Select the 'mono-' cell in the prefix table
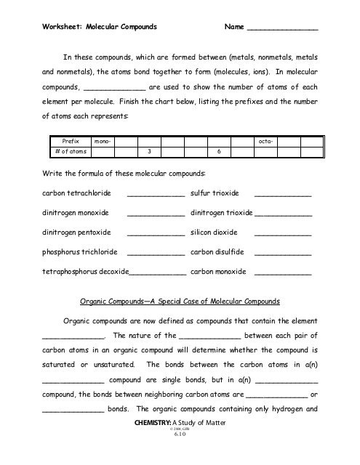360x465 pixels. [x=96, y=141]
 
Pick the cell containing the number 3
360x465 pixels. [x=148, y=151]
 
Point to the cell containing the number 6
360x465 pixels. [x=219, y=151]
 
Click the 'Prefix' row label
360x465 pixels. [x=61, y=141]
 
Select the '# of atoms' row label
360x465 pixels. [x=61, y=151]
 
